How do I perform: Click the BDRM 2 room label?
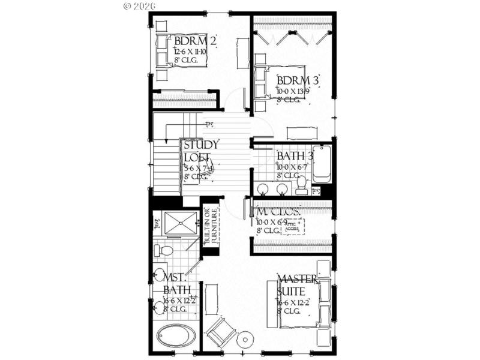click(x=195, y=41)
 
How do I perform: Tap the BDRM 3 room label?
click(x=298, y=80)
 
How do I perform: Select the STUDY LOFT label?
click(x=201, y=151)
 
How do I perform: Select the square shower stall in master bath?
click(x=181, y=224)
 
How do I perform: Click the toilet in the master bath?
click(x=163, y=250)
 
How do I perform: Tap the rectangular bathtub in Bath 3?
click(x=322, y=163)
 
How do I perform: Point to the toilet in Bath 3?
click(x=302, y=182)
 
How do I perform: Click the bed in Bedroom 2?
click(x=180, y=50)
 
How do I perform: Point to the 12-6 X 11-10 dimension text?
click(x=191, y=52)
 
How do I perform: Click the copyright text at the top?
click(x=139, y=5)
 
